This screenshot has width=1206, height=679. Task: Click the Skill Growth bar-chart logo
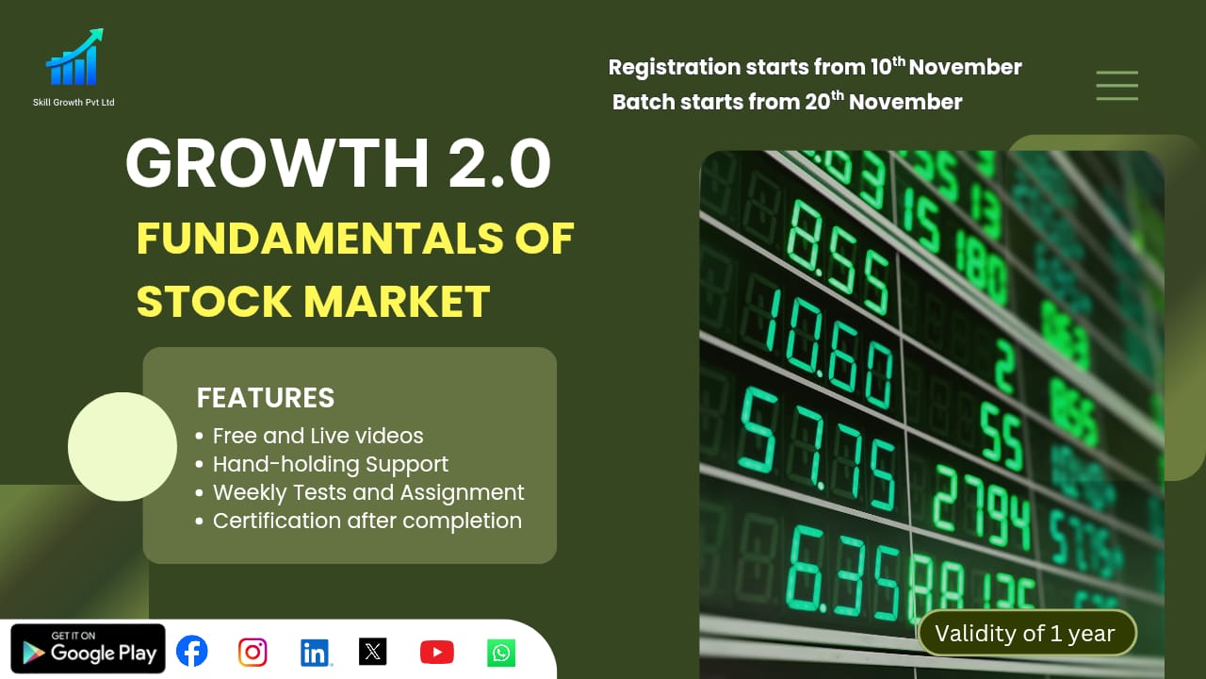73,59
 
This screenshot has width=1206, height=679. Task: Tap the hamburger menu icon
1116,86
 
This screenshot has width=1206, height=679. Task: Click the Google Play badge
89,650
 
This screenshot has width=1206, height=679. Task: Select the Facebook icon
192,651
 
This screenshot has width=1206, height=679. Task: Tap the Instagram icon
253,652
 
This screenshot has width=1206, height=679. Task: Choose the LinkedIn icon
315,652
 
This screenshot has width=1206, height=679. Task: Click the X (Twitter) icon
373,652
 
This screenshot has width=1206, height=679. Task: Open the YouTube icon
436,652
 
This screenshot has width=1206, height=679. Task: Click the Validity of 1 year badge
1027,634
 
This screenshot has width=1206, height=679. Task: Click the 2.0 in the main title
499,164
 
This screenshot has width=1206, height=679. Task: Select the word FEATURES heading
266,398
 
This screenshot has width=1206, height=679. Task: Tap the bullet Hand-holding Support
330,464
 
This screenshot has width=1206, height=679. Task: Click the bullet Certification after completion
367,521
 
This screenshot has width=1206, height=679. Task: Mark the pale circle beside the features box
122,447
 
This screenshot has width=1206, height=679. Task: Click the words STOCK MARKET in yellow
313,301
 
